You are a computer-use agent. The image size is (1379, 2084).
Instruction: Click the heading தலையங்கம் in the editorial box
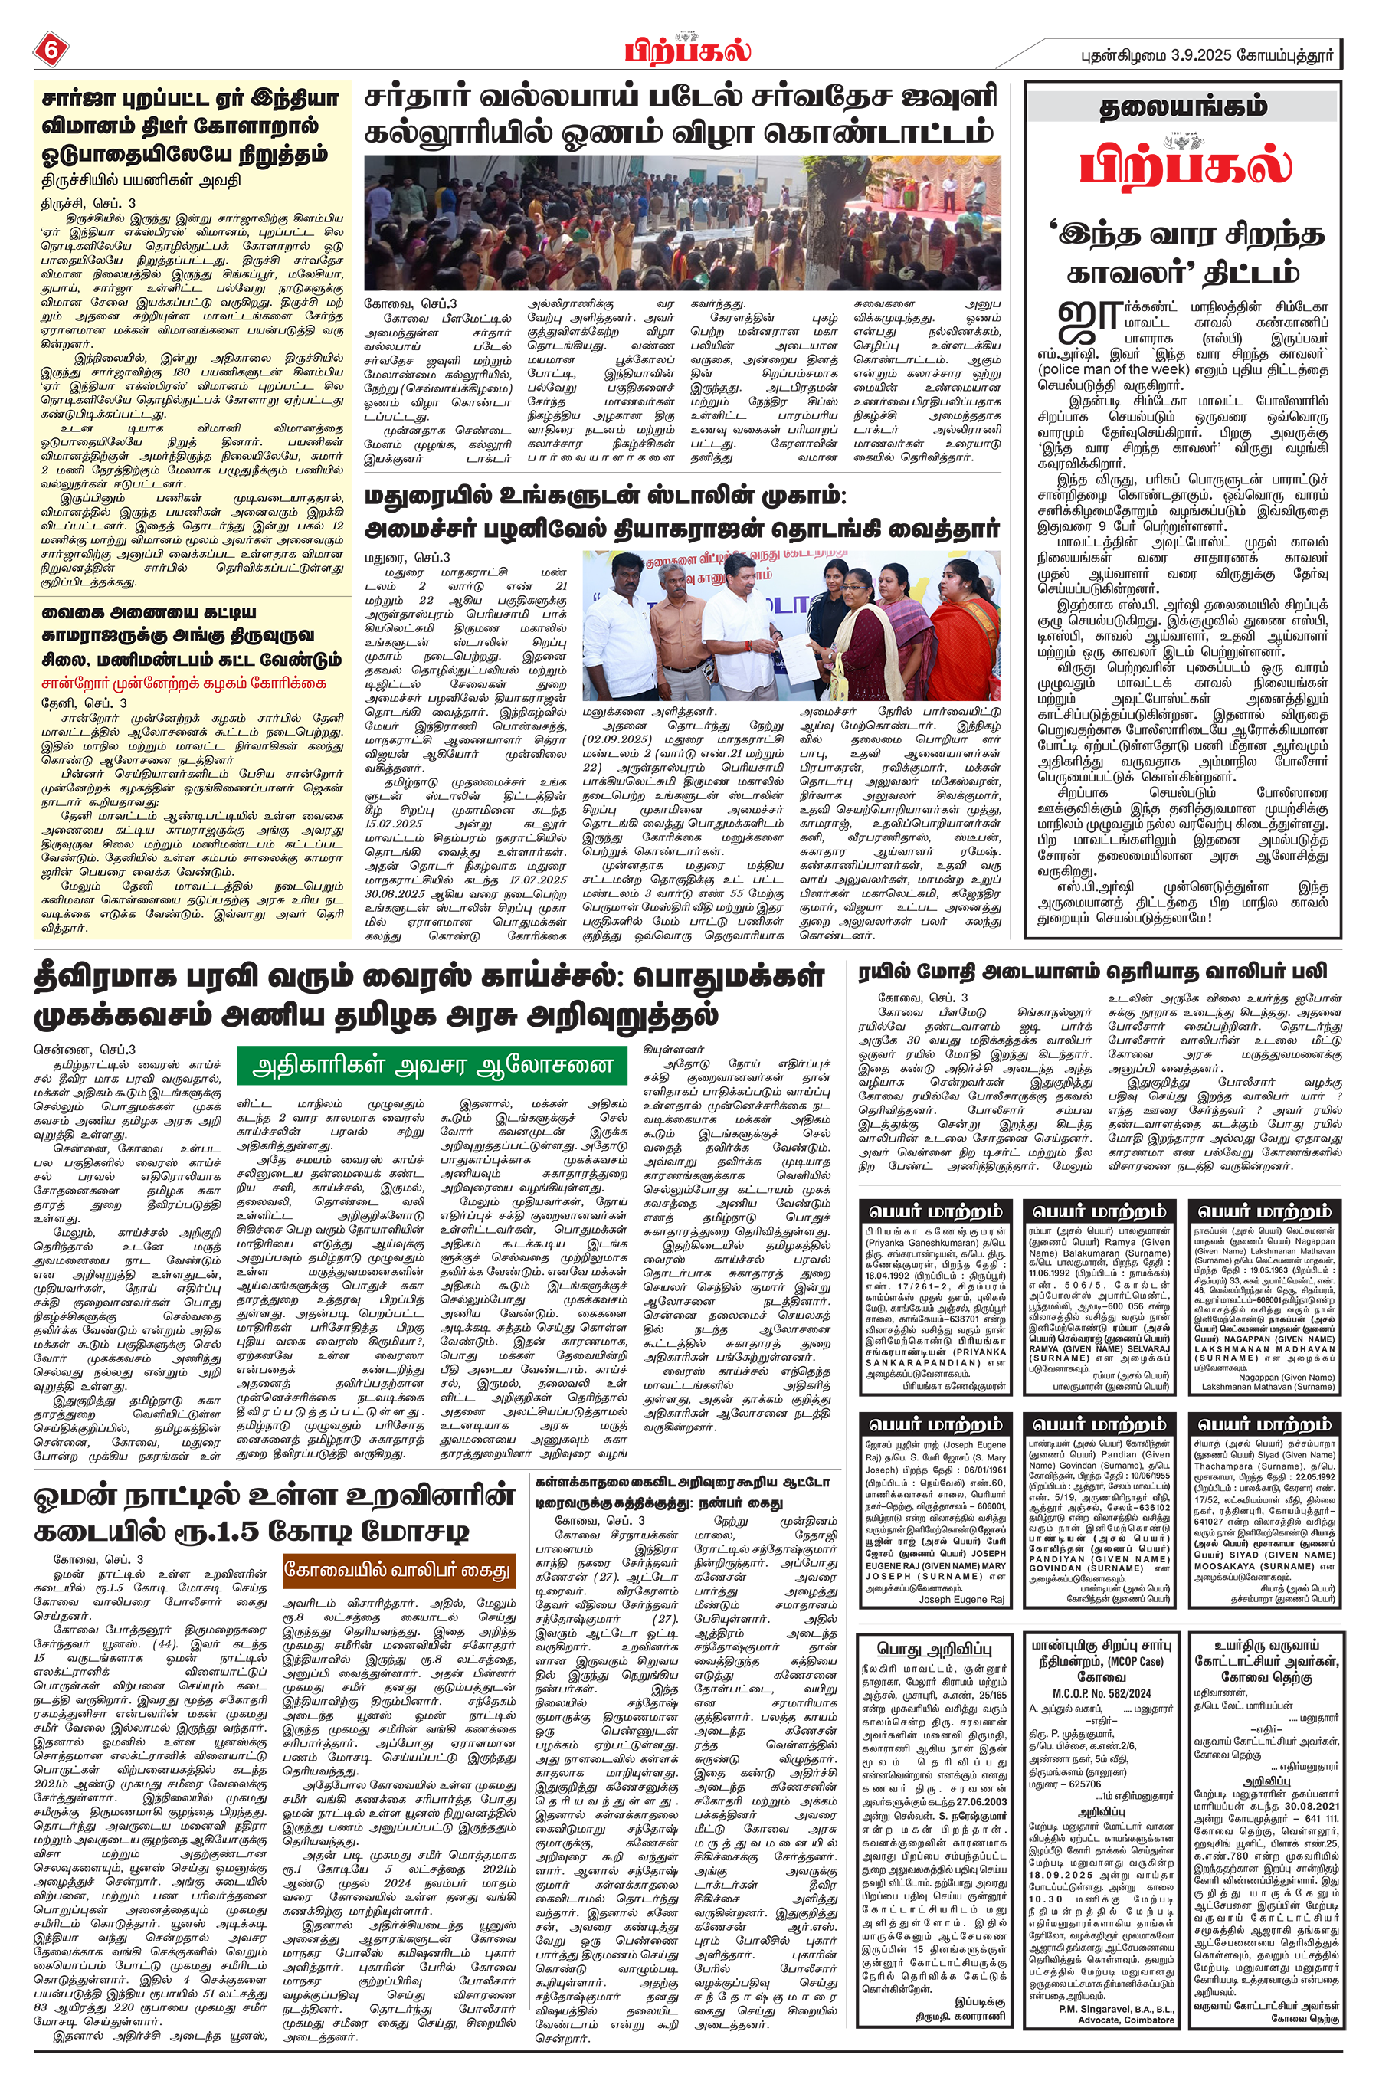pos(1183,107)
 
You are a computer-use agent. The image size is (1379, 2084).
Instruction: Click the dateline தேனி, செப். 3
pos(84,703)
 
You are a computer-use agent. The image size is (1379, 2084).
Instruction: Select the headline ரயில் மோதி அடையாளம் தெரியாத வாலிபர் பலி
pos(1093,972)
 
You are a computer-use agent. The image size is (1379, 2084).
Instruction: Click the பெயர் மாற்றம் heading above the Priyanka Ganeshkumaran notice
pos(935,1211)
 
